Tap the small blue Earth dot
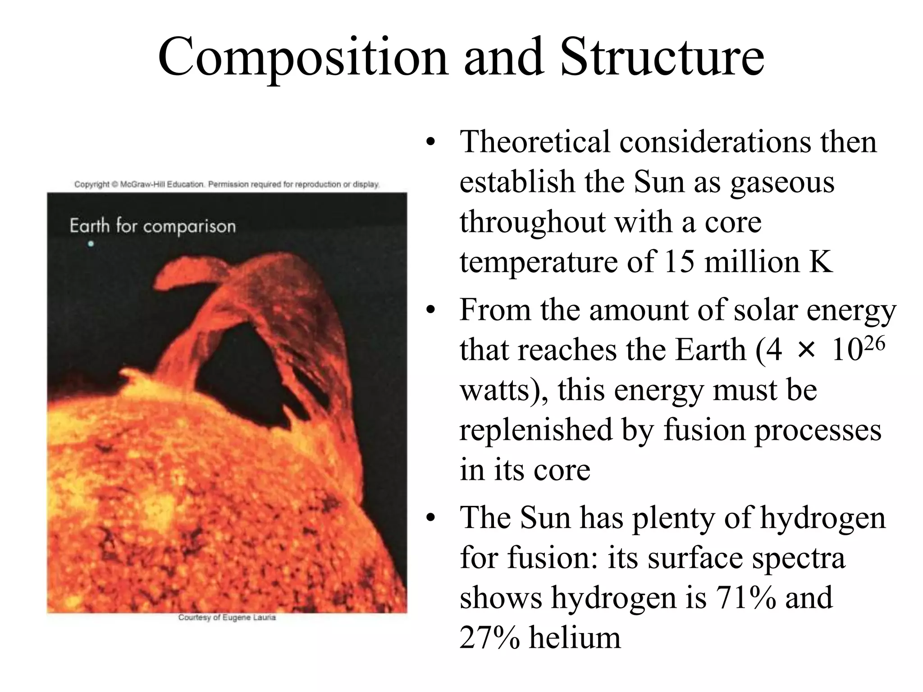91,244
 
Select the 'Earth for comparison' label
153,226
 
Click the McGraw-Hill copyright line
227,184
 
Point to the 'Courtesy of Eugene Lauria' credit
227,617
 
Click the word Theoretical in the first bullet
535,142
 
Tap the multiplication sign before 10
806,351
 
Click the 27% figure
489,638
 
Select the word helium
575,638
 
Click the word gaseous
782,182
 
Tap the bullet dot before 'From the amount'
431,311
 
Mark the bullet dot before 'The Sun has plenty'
431,518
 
